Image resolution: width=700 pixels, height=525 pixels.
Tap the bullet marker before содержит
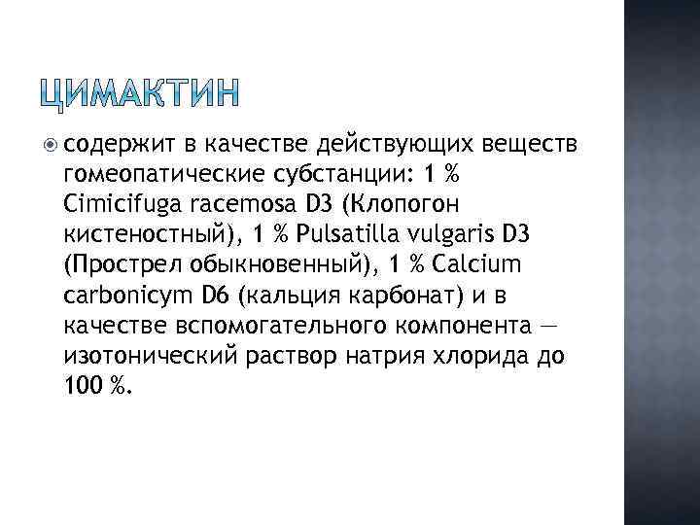click(52, 145)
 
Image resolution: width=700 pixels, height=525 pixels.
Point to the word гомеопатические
click(159, 176)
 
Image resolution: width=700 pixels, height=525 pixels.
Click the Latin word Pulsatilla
click(335, 236)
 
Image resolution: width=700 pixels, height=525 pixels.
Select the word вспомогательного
click(243, 326)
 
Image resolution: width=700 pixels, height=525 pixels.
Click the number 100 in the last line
click(82, 386)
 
